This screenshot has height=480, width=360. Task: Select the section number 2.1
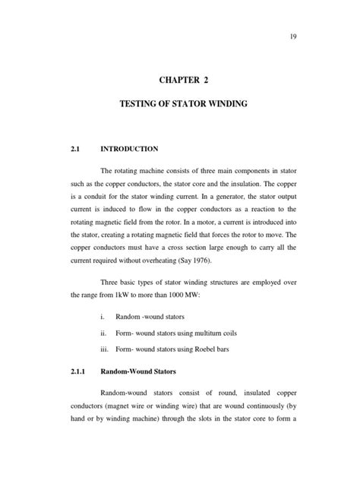[x=74, y=149]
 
